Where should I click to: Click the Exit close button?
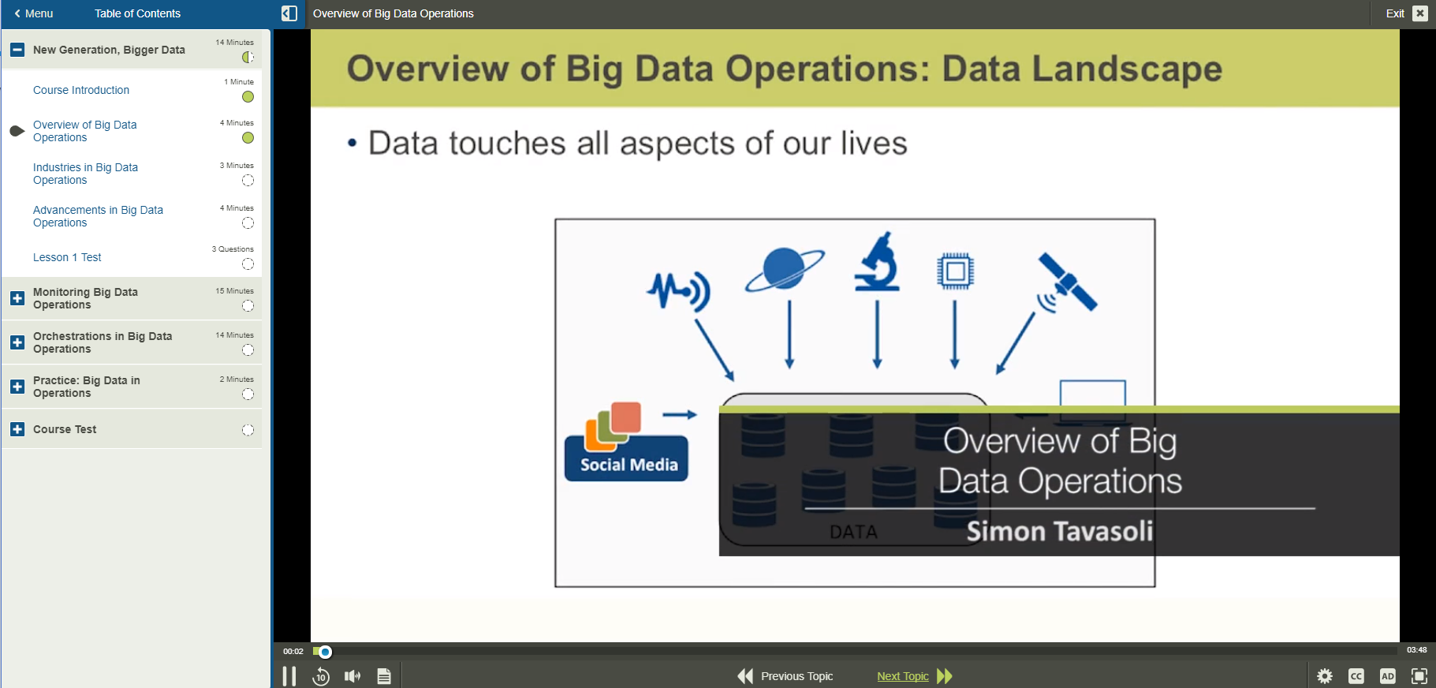pos(1419,13)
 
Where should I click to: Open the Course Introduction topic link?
pos(81,90)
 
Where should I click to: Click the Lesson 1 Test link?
pos(67,257)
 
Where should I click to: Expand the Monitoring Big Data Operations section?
pos(17,298)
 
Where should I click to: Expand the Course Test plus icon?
pos(17,429)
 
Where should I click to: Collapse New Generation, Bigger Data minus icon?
pos(17,50)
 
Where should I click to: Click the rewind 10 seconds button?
pos(321,676)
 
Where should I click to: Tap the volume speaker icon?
pos(352,676)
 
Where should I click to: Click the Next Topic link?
pos(903,676)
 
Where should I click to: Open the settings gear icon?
pos(1325,676)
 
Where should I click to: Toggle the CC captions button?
pos(1356,676)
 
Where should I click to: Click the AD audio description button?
pos(1388,676)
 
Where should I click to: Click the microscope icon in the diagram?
pos(878,263)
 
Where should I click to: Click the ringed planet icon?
pos(785,269)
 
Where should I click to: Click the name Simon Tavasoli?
pos(1060,532)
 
